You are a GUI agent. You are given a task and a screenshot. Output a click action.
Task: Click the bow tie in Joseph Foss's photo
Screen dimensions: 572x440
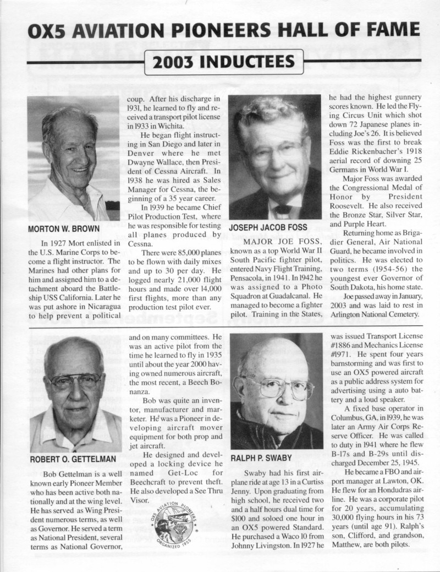point(283,209)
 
